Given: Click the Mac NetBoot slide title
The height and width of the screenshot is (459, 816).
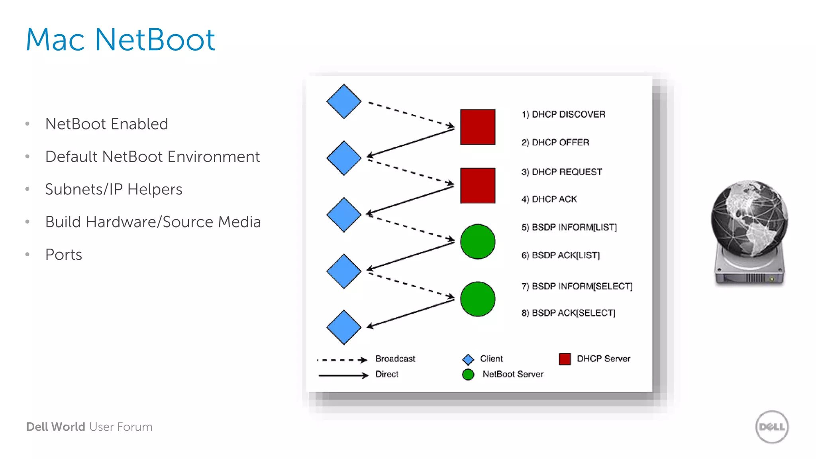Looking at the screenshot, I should (x=120, y=40).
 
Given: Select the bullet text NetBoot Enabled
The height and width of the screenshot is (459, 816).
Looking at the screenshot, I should (x=106, y=124).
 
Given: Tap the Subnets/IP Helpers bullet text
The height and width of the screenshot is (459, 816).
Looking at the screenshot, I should (x=114, y=189).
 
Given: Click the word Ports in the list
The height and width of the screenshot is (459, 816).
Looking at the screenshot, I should (x=64, y=255).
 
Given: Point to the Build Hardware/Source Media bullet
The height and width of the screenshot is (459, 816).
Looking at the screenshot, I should (x=153, y=222).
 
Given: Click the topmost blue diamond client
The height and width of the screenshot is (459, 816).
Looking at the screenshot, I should (x=343, y=102).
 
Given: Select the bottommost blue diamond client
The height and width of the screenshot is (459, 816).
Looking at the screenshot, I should (x=343, y=327).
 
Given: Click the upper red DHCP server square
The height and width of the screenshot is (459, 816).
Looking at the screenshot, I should (x=478, y=127).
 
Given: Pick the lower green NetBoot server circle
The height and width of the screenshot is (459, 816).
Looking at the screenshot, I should (x=478, y=299).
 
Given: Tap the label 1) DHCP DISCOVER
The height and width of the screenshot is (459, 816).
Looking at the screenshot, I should (x=563, y=114).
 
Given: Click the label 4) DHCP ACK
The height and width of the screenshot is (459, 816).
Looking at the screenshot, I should (x=549, y=199).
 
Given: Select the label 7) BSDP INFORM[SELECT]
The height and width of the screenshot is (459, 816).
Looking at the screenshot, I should (x=577, y=286).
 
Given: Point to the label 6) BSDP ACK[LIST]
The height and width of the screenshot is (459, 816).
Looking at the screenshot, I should (x=560, y=255).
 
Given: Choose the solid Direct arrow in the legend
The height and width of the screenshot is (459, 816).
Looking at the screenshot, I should (x=343, y=375).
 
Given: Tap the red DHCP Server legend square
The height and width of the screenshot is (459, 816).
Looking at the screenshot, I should (x=565, y=359).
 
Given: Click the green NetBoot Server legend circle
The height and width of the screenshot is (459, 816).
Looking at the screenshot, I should (x=468, y=375).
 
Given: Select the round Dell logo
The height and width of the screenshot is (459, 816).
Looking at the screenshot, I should (x=772, y=427).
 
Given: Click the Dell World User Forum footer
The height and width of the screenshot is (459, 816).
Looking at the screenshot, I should (x=89, y=427).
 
